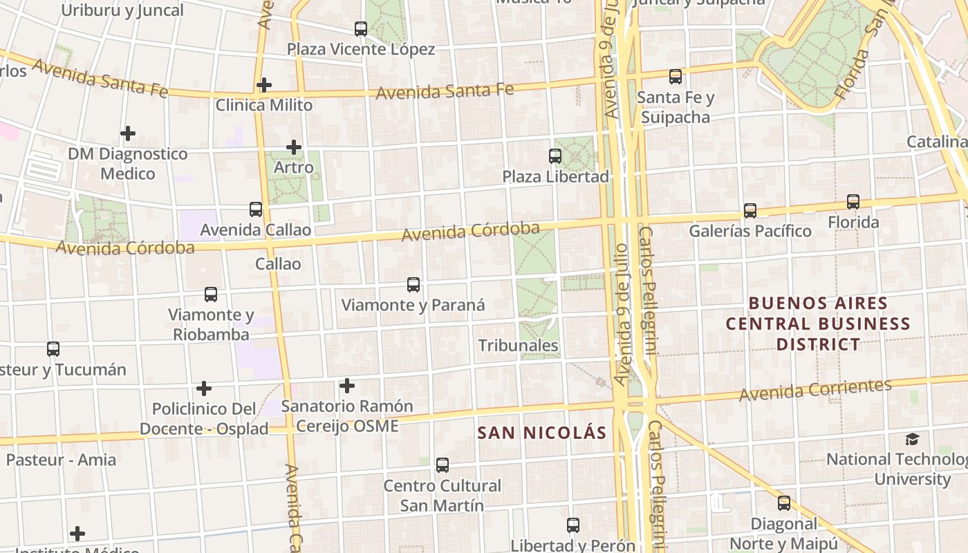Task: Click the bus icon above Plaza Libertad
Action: (x=555, y=156)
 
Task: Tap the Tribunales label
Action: (x=518, y=345)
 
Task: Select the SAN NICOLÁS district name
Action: (x=543, y=433)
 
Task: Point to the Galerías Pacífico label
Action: (x=750, y=231)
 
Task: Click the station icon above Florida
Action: (x=853, y=202)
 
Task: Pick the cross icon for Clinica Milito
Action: (x=263, y=85)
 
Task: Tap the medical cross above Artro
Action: (x=294, y=147)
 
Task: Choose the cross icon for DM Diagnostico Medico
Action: (x=128, y=133)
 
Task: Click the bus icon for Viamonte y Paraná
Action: (x=413, y=284)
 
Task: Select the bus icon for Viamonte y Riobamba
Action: (x=211, y=294)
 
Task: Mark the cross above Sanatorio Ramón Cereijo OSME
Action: (x=347, y=385)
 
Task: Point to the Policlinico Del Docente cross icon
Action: (x=204, y=388)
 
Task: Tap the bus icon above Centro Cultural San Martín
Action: (x=443, y=465)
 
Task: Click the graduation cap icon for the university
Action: (x=913, y=439)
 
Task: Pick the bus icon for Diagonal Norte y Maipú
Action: (x=784, y=503)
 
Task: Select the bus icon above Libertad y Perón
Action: (x=573, y=525)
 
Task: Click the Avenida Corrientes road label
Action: (x=815, y=391)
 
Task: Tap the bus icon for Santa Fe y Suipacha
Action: (x=676, y=77)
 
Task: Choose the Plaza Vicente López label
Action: (x=361, y=49)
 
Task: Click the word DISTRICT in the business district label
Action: (x=818, y=344)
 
